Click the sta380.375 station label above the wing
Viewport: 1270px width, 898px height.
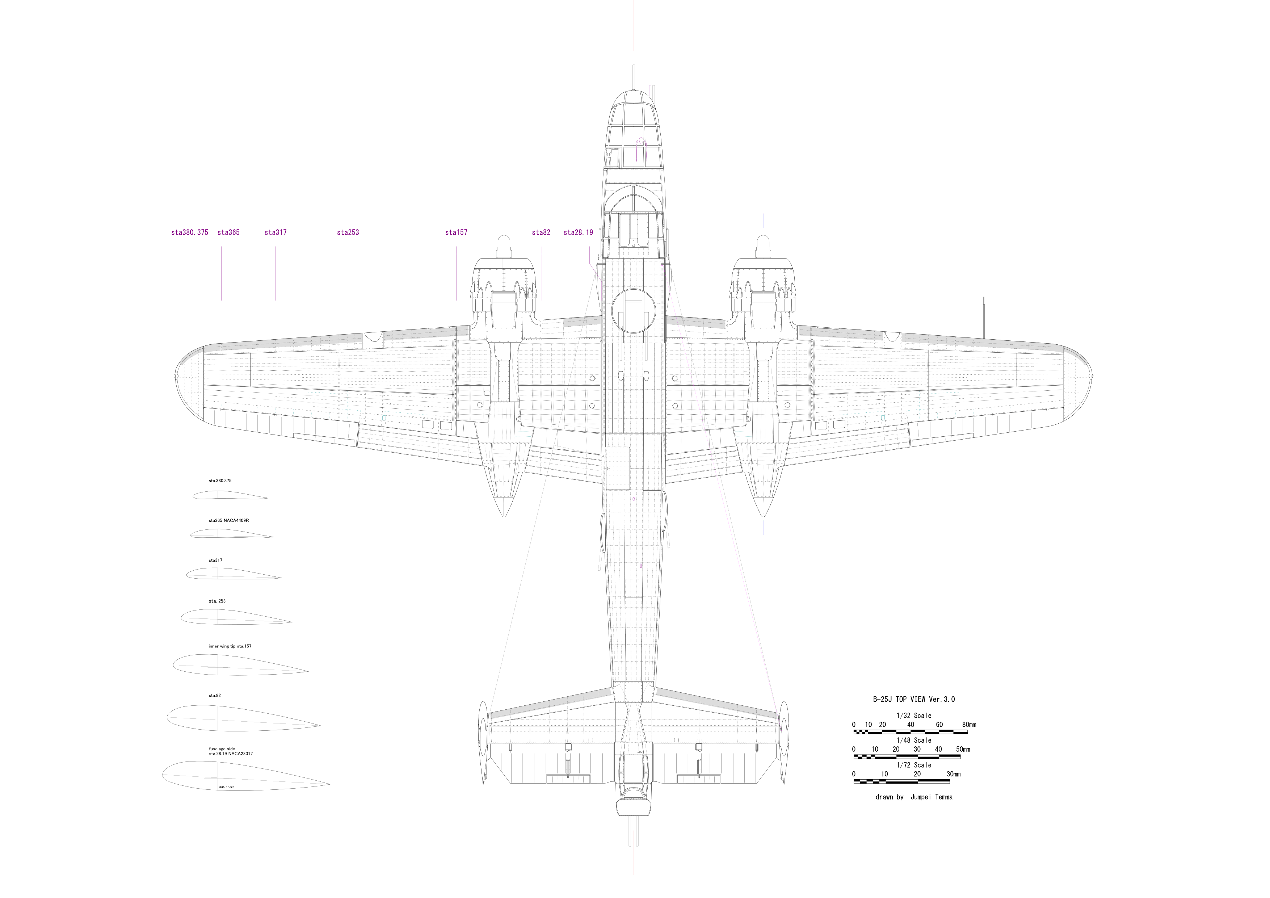click(190, 232)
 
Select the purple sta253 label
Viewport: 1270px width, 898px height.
click(348, 232)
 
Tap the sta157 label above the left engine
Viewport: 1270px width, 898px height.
click(456, 232)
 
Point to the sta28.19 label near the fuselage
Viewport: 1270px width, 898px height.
click(578, 232)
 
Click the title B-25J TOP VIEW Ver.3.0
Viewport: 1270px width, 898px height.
click(914, 699)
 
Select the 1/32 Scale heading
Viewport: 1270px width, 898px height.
click(914, 716)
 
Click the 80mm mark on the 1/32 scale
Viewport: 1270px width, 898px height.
click(969, 725)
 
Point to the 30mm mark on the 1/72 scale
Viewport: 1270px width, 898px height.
click(953, 774)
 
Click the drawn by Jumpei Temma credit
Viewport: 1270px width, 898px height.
click(914, 797)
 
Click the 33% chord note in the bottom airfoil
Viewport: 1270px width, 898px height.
click(226, 787)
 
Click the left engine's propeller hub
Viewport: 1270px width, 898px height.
click(504, 243)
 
